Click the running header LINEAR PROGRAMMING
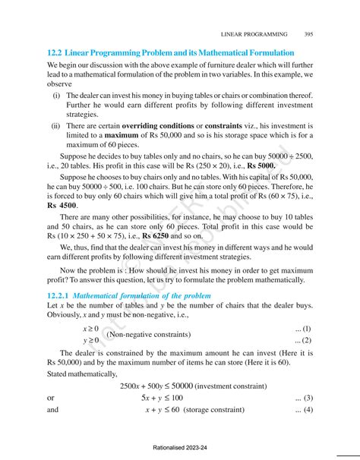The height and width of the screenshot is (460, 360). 254,34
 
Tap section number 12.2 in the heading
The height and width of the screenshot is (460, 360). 54,53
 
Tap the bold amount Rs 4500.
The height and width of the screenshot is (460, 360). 62,205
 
